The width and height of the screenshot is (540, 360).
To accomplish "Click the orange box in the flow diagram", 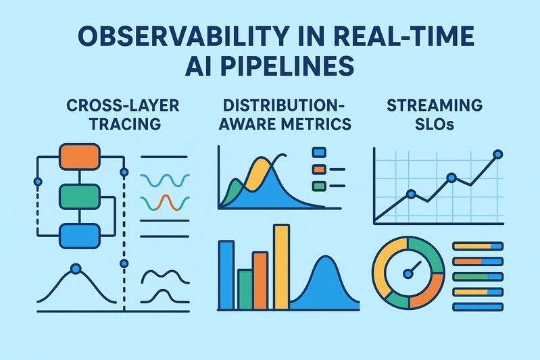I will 80,157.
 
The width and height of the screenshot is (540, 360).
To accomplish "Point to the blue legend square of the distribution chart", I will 320,153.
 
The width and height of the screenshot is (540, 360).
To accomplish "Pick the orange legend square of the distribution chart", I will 320,169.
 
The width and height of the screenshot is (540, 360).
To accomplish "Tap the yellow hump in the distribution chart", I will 257,169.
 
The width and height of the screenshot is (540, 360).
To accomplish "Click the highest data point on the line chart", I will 498,155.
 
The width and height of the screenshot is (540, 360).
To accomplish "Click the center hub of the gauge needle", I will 408,274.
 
